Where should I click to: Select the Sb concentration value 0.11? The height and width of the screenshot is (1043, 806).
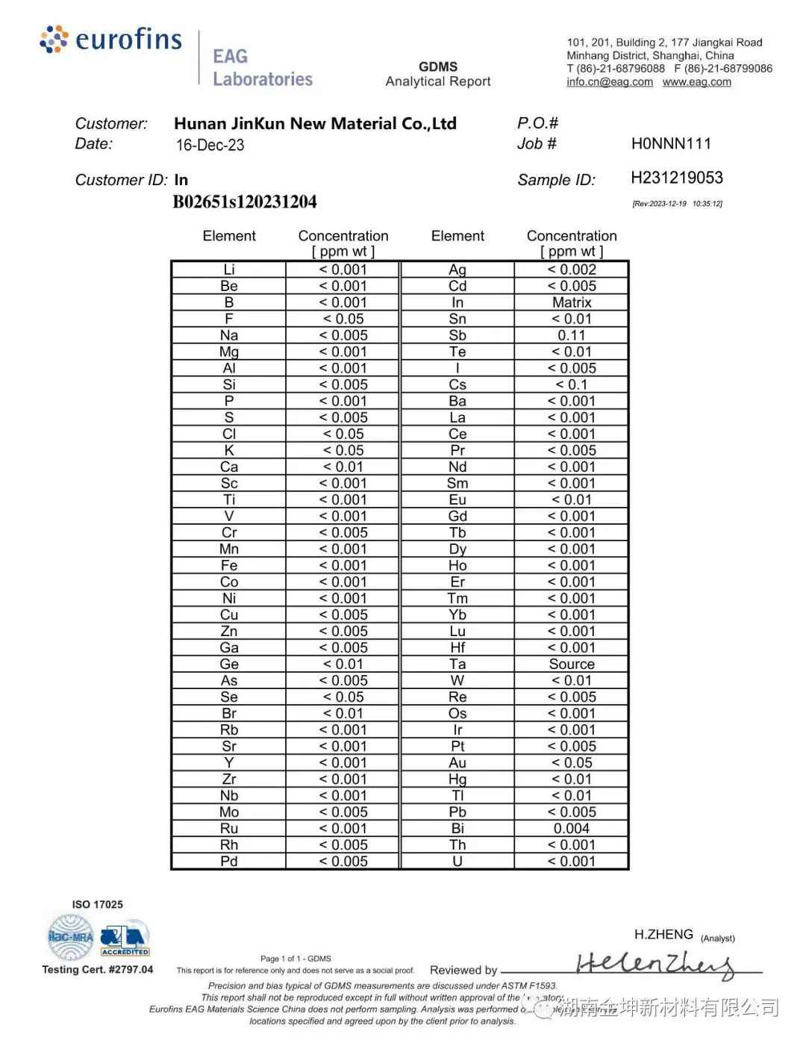click(572, 335)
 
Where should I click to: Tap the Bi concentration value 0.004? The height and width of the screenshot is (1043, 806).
click(572, 828)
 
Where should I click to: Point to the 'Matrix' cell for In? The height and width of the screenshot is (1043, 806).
click(572, 302)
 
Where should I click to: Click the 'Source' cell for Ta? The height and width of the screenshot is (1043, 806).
click(572, 664)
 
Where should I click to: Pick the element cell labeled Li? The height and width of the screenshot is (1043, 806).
click(229, 270)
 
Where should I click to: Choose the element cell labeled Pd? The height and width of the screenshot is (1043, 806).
click(229, 861)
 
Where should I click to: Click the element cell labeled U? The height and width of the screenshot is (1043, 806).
click(457, 861)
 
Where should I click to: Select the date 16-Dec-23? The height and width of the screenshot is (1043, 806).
click(210, 145)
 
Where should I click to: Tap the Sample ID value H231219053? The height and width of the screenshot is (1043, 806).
click(677, 178)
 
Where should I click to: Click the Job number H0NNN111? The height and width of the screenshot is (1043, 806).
click(671, 143)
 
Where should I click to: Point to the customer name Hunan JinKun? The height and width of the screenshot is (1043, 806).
click(315, 124)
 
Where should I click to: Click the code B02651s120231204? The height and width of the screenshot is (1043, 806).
click(245, 202)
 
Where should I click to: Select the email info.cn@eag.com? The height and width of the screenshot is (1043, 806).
click(610, 82)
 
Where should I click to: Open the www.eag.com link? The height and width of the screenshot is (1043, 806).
click(697, 82)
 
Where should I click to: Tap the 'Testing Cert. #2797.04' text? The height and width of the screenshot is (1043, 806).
click(98, 969)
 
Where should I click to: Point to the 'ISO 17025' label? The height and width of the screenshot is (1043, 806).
click(98, 904)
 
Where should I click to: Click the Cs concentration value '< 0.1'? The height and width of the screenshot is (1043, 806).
click(572, 384)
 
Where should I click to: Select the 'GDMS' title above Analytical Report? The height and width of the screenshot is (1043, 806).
click(438, 66)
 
